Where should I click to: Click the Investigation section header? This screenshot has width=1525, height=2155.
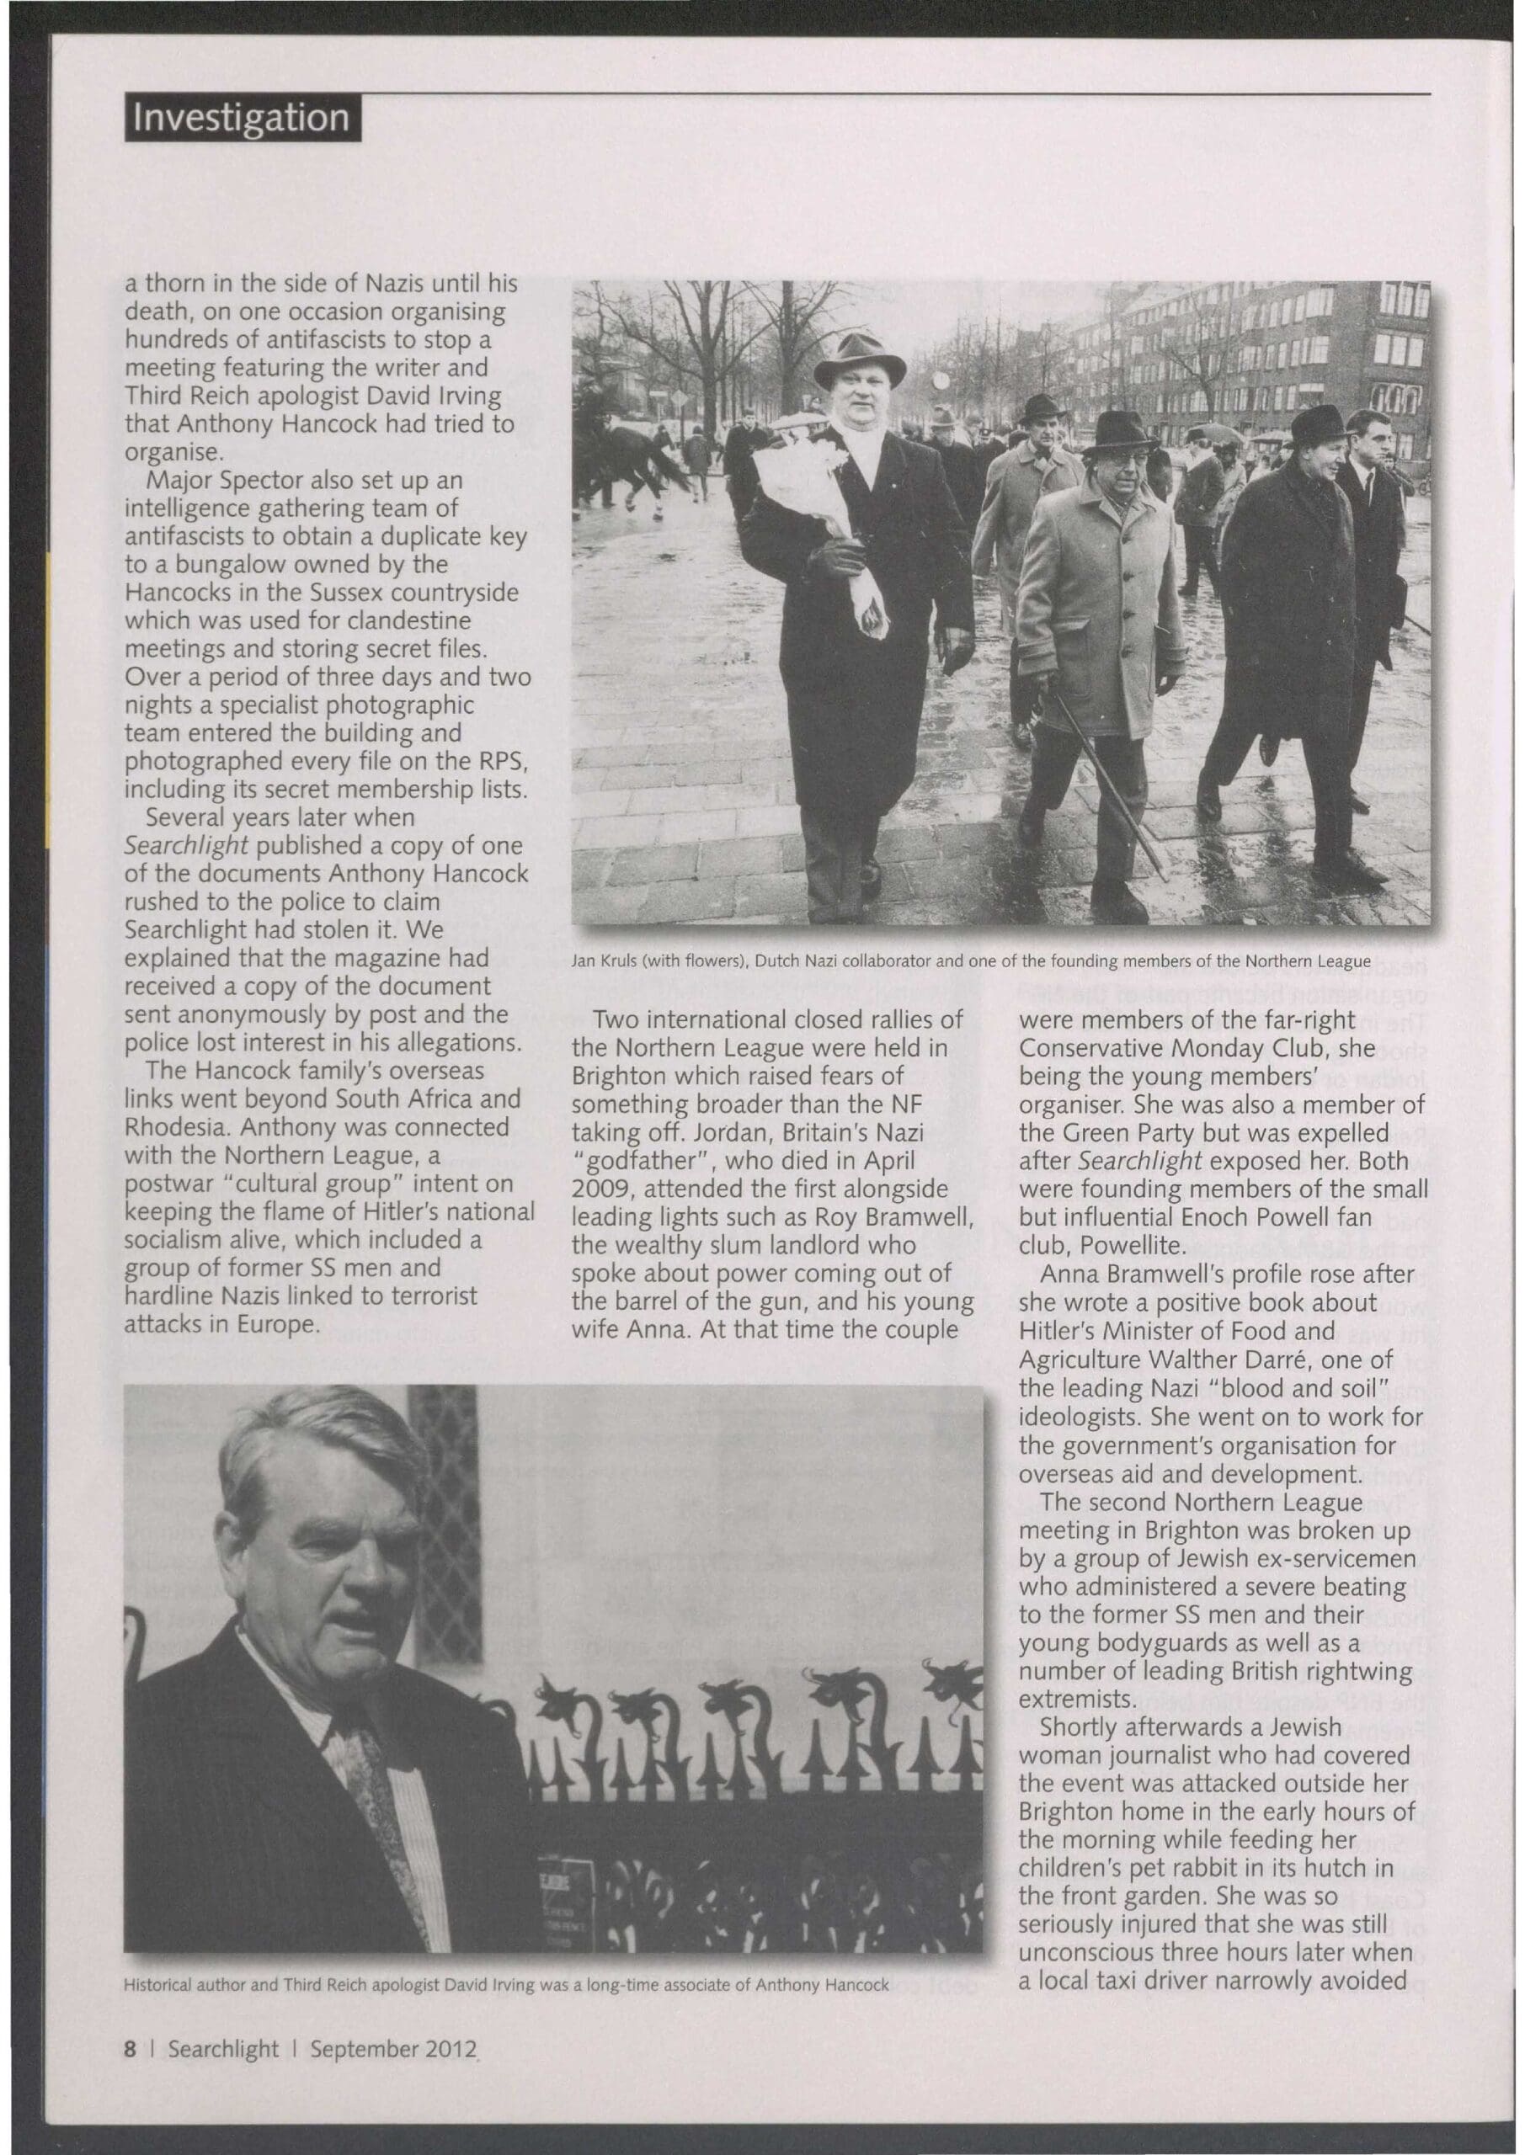(242, 118)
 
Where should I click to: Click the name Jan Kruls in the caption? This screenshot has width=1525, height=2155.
(602, 961)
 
